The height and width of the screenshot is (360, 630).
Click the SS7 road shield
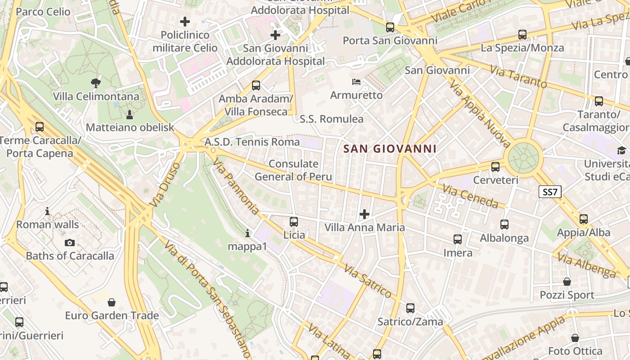(x=550, y=192)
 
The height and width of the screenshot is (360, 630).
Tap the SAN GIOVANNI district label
(x=390, y=148)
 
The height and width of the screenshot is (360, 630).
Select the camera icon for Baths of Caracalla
(x=70, y=243)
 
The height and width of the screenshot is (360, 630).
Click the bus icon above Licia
(x=294, y=221)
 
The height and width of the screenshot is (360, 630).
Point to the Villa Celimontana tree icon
(x=95, y=83)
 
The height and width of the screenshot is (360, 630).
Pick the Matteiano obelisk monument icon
(x=130, y=114)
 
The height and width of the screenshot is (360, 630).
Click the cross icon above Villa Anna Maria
(x=364, y=214)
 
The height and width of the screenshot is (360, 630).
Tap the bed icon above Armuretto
(x=356, y=82)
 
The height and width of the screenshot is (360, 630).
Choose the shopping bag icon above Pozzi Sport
(x=567, y=282)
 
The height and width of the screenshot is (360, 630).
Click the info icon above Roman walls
(x=47, y=211)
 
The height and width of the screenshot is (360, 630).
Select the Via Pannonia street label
(x=236, y=186)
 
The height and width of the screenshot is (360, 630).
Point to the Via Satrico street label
(x=368, y=281)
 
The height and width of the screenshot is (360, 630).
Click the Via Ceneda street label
(x=471, y=196)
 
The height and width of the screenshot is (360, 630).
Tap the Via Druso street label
(x=165, y=184)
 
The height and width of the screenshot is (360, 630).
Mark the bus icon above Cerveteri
(x=495, y=167)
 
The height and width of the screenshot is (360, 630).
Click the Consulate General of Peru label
(x=293, y=170)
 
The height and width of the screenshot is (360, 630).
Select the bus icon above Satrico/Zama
(x=410, y=308)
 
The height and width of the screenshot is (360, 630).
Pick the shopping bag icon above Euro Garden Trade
(x=112, y=302)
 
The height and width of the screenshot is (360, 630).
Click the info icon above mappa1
(x=247, y=233)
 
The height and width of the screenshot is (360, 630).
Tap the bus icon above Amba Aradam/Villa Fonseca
(x=256, y=85)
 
